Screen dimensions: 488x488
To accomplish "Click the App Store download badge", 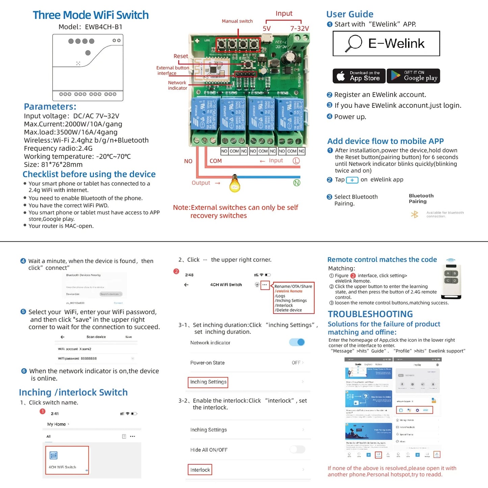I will click(359, 76).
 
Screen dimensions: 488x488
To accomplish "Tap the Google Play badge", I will click(413, 76).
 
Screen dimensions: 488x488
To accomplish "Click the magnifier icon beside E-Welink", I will click(353, 44).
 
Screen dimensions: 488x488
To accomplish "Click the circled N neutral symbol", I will click(297, 183).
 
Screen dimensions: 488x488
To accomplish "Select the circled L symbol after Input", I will click(296, 161).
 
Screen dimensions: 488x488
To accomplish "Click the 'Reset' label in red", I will click(181, 56).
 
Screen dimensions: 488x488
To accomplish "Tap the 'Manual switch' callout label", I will click(237, 21).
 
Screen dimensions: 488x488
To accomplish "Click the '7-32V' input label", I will click(300, 28).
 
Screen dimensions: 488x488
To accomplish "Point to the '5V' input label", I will click(267, 28).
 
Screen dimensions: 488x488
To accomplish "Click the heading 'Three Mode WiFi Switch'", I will click(91, 15).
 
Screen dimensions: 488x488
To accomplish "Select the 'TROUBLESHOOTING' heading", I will click(370, 314).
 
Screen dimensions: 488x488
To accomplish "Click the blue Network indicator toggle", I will click(297, 342).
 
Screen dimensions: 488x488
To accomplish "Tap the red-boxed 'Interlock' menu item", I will click(200, 470).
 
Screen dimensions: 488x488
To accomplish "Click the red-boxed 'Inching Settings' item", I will click(208, 382).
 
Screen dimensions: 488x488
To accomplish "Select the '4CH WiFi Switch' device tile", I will click(67, 460).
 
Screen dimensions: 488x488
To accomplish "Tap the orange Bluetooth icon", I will click(414, 214).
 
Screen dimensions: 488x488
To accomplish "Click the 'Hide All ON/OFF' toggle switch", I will click(297, 450).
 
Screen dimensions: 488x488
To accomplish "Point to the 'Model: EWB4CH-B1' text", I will click(91, 27).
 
